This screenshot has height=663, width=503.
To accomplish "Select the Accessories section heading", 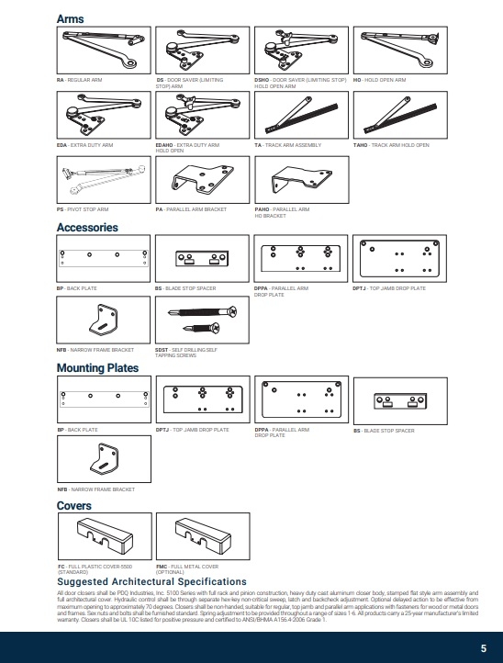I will pyautogui.click(x=87, y=227).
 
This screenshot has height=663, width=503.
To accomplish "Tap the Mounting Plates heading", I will pyautogui.click(x=97, y=368).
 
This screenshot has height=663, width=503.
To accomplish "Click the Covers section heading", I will pyautogui.click(x=73, y=506).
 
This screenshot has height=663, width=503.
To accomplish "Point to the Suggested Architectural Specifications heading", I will pyautogui.click(x=151, y=581).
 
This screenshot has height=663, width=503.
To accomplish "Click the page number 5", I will pyautogui.click(x=483, y=646).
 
